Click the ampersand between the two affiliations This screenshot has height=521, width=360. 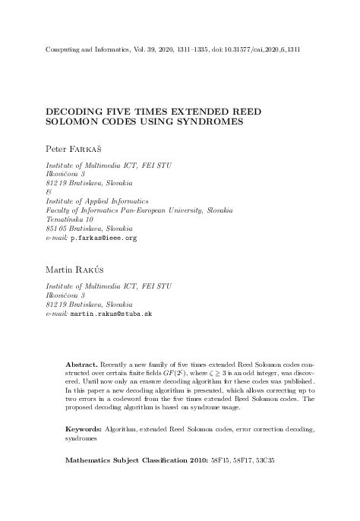tap(49, 192)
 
